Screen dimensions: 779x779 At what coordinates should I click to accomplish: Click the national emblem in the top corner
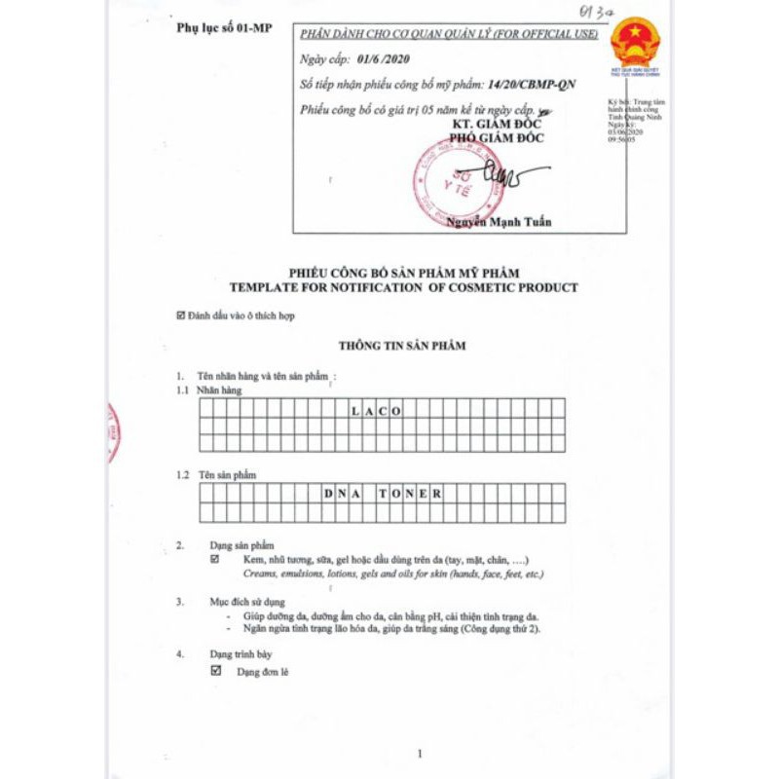[635, 41]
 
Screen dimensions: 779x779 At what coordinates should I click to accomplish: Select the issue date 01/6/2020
[383, 61]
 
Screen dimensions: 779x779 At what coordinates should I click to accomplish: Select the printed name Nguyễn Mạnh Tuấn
[499, 222]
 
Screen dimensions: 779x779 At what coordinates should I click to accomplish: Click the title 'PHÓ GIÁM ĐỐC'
[498, 138]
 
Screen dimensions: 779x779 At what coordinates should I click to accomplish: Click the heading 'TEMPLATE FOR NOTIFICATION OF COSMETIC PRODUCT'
[403, 287]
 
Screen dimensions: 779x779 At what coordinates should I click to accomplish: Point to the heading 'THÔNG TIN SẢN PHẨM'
[402, 346]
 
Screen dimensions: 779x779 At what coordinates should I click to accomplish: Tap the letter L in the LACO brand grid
[354, 411]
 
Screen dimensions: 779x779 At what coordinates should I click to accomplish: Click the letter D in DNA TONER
[328, 494]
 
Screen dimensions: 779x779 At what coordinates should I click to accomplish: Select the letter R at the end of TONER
[438, 494]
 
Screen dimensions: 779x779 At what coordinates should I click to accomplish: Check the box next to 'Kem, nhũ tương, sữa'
[215, 560]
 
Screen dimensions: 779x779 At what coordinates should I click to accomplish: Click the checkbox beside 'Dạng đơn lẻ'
[215, 671]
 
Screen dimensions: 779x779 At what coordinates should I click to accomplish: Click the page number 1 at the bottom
[420, 754]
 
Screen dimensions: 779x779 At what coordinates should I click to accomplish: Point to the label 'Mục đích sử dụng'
[247, 602]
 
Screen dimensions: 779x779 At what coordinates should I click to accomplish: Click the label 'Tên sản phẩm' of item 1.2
[227, 474]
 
